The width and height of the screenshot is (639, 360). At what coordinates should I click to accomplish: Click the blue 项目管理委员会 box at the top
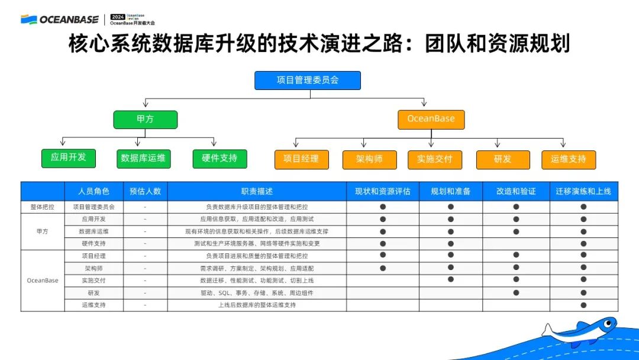point(307,80)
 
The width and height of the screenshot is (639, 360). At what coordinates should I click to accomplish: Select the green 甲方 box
point(145,119)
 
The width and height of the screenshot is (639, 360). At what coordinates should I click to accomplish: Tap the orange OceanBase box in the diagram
point(431,119)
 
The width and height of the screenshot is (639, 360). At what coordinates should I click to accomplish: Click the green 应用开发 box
point(68,157)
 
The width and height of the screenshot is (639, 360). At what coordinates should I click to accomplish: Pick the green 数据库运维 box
point(143,159)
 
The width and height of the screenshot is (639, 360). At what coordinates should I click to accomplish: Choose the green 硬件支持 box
point(220,159)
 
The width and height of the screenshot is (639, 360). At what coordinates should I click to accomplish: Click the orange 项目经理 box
point(301,159)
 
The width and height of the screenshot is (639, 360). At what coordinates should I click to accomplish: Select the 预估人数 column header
point(145,191)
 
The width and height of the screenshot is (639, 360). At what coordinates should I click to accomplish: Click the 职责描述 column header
point(257,191)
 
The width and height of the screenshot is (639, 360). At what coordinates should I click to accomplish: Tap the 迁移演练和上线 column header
point(583,191)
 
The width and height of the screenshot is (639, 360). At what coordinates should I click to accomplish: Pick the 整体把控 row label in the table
point(42,207)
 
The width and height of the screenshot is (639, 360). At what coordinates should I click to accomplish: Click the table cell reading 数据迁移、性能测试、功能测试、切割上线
point(257,281)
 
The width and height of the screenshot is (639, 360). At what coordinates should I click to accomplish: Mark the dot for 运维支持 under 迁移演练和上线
point(583,305)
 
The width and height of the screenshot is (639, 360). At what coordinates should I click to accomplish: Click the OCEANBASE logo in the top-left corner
point(60,20)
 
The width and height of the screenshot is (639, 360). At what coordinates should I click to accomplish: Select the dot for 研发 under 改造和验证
point(516,292)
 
